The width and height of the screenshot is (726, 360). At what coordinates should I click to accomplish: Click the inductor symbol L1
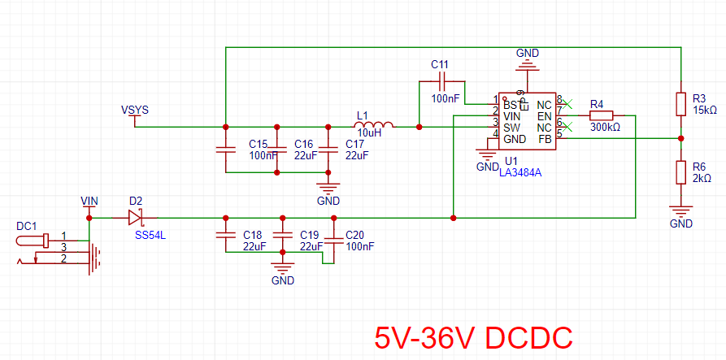[373, 125]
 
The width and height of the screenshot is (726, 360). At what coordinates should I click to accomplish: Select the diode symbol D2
[136, 218]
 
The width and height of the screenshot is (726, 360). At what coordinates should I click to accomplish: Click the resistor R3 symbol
[681, 104]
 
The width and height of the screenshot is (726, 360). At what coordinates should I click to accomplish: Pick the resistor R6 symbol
[681, 172]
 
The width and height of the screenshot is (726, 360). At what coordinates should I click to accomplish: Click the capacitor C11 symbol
[441, 81]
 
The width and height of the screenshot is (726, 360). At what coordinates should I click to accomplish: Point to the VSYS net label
[135, 110]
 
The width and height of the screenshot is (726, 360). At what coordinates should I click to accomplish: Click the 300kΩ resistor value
[605, 128]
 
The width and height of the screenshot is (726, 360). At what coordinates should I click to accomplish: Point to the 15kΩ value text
[704, 110]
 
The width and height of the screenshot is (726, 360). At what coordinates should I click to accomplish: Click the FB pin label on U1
[545, 139]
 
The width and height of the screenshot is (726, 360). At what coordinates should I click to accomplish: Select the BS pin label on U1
[510, 106]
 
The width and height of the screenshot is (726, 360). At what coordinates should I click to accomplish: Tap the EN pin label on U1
[545, 117]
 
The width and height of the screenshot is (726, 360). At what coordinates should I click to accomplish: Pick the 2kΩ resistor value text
[701, 178]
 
